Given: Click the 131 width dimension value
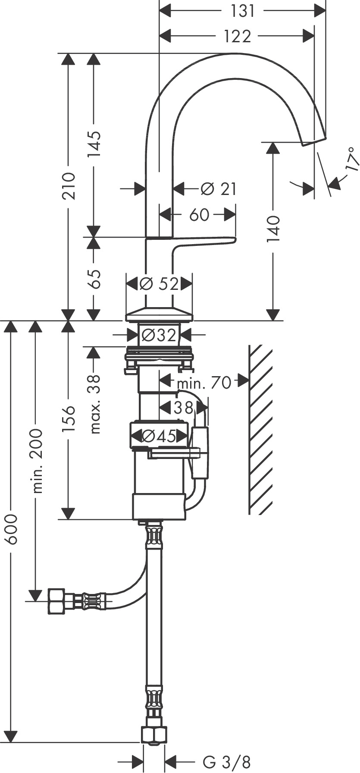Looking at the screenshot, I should pos(243,11).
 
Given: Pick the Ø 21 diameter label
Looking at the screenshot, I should pos(219,189).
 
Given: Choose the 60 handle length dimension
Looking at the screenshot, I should pos(199,214).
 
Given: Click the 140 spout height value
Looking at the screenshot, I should pos(273,229).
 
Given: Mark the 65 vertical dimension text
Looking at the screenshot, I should pos(93,279).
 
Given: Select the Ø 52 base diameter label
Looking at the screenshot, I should pos(159,284).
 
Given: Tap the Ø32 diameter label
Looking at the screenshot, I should pos(159,335).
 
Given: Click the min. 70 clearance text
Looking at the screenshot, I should pos(204,382).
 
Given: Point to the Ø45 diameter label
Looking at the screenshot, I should pos(159,437).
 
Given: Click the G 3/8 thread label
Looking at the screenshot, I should pos(227,761).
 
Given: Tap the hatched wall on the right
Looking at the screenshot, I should pos(261,429).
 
